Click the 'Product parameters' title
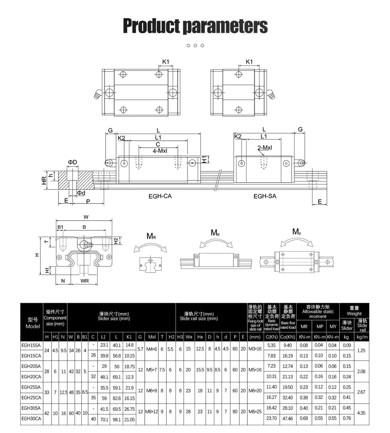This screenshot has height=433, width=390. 195,26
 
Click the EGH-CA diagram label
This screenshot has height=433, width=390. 160,196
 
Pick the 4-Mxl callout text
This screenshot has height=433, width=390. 158,150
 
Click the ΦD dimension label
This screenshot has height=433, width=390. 73,162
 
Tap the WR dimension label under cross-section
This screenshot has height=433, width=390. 85,281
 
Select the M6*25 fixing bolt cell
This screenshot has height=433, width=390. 255,412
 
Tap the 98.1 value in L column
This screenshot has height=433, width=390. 116,419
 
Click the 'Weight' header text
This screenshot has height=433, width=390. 354,313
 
